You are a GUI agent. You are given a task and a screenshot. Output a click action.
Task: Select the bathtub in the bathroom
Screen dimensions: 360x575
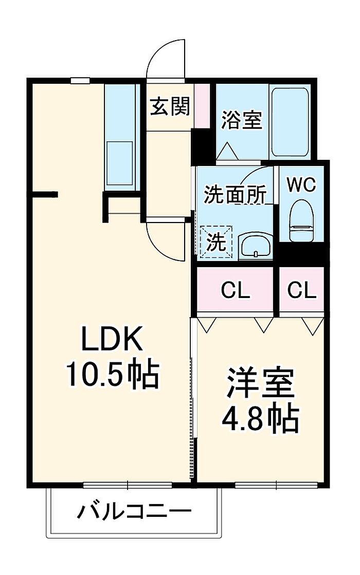pyautogui.click(x=290, y=122)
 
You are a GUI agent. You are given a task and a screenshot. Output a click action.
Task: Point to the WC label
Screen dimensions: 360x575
pyautogui.click(x=301, y=184)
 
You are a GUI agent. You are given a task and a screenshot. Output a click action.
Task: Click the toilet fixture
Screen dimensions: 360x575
pyautogui.click(x=301, y=221)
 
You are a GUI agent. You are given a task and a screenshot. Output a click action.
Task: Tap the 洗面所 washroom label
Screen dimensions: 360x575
pyautogui.click(x=235, y=194)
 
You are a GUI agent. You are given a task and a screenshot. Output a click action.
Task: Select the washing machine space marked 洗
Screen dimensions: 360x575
pyautogui.click(x=215, y=242)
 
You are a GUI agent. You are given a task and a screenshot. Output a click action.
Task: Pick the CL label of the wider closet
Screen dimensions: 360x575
pyautogui.click(x=235, y=291)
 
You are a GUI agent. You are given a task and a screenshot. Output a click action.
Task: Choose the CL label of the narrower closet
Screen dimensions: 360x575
pyautogui.click(x=302, y=291)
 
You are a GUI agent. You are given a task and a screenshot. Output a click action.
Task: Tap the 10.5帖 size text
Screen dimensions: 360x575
pyautogui.click(x=113, y=375)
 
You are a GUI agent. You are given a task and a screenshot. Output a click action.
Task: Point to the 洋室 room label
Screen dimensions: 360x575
pyautogui.click(x=261, y=382)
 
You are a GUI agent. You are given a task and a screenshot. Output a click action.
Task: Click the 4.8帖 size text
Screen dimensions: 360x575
pyautogui.click(x=260, y=419)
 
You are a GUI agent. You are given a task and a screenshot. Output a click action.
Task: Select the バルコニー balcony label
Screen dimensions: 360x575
pyautogui.click(x=134, y=511)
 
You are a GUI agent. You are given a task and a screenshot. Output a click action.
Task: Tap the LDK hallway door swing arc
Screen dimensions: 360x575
pyautogui.click(x=158, y=249)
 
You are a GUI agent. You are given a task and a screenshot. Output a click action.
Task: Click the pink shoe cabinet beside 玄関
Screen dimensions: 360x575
pyautogui.click(x=202, y=106)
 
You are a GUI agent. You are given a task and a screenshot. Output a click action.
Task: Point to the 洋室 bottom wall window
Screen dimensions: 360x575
pyautogui.click(x=276, y=485)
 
